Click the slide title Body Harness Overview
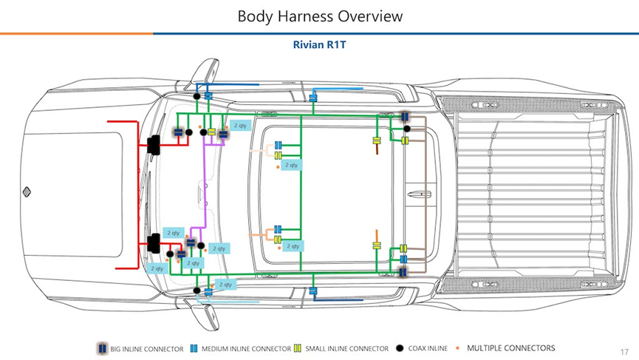click(x=319, y=16)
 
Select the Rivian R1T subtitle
click(x=319, y=44)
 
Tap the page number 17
click(x=624, y=351)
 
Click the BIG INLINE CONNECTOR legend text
click(x=146, y=348)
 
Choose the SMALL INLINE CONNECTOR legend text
click(x=346, y=348)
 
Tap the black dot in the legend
click(x=400, y=348)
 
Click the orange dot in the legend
click(x=458, y=347)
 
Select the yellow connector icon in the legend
click(x=297, y=348)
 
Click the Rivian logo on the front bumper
click(x=25, y=192)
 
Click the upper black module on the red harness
click(x=155, y=144)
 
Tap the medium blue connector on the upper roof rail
click(x=314, y=97)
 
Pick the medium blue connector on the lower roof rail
click(x=314, y=290)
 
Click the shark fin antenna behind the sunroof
click(x=420, y=194)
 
